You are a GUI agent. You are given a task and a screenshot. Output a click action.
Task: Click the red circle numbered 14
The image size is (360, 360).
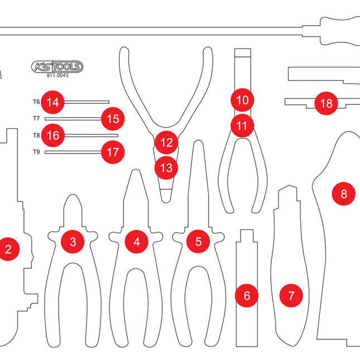click(53, 102)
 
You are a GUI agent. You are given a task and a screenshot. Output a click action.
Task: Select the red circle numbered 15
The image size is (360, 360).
click(113, 118)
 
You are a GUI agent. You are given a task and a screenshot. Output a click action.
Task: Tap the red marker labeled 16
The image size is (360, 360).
click(53, 135)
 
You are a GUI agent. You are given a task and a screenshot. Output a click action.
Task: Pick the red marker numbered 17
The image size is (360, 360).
click(113, 151)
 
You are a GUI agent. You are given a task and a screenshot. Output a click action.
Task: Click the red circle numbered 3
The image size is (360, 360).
click(73, 242)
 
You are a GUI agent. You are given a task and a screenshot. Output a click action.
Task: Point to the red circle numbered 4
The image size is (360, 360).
click(137, 242)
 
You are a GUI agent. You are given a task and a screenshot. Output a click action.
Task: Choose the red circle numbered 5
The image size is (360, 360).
click(199, 242)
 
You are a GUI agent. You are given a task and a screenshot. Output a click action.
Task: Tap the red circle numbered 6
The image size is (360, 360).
click(247, 295)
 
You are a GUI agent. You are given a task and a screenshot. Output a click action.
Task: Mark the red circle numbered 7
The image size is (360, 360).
click(291, 294)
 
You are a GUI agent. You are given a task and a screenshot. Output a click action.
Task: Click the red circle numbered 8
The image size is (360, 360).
click(344, 194)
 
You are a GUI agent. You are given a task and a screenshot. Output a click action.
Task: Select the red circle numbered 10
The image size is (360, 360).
click(242, 100)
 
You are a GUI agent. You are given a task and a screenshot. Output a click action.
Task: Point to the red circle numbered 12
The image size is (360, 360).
click(166, 142)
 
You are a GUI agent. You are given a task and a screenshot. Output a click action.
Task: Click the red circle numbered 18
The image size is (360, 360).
click(327, 103)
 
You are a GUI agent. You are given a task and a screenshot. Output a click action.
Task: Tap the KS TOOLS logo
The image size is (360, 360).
click(57, 67)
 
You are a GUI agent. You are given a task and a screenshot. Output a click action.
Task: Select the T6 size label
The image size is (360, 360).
click(36, 102)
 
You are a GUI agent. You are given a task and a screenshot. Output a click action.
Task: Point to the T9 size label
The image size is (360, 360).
click(36, 152)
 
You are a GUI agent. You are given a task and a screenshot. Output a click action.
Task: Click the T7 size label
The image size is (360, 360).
click(36, 118)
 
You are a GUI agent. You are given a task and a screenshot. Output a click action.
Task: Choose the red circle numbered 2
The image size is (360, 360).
click(8, 249)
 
